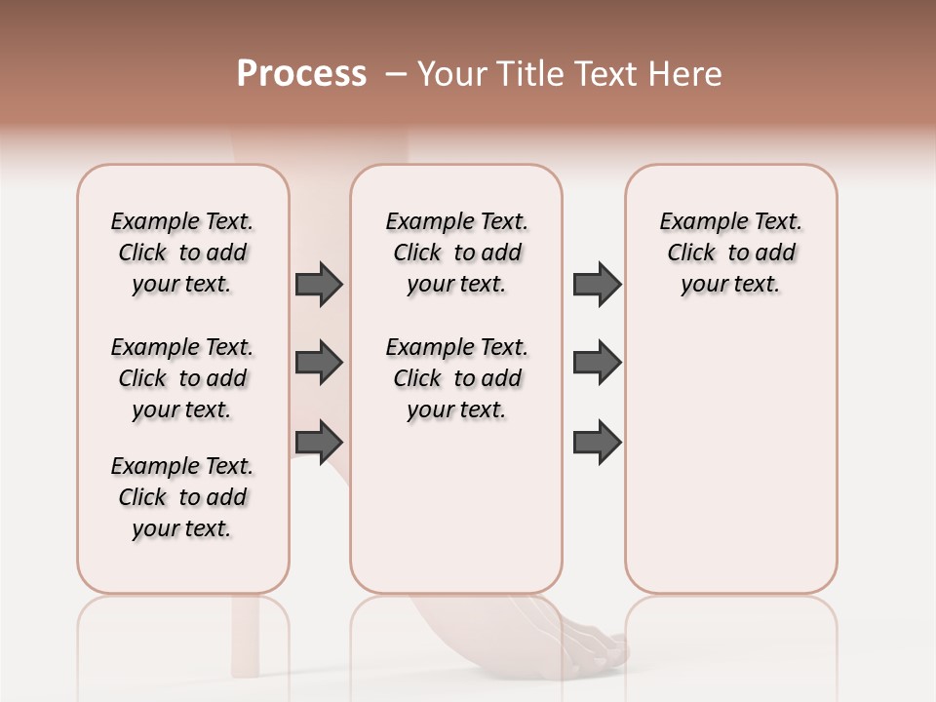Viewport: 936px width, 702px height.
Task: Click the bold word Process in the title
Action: coord(301,74)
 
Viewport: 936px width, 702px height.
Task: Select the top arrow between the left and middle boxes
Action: coord(319,284)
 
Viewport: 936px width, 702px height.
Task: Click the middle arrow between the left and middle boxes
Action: coord(319,363)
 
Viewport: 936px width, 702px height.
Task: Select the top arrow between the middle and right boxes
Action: coord(597,284)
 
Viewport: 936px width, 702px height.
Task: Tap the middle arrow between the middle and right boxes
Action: coord(597,363)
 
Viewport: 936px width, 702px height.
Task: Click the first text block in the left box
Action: coord(182,253)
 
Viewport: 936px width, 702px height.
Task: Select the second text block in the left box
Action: coord(182,378)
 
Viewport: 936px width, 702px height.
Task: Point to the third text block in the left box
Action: coord(182,497)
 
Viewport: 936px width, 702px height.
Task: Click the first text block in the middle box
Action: coord(457,253)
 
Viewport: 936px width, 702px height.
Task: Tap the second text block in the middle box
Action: coord(457,378)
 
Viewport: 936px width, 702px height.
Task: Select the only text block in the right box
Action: coord(731,253)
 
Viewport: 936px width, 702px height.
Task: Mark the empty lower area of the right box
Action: coord(731,458)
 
